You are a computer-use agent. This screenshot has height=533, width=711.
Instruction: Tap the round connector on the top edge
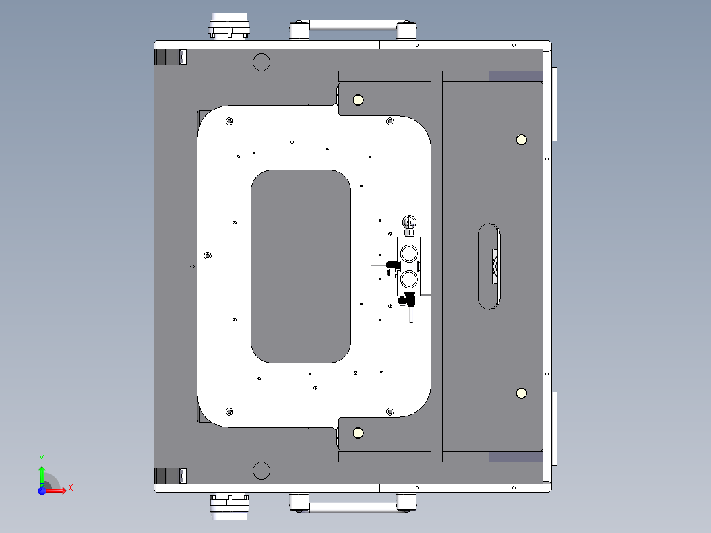230,26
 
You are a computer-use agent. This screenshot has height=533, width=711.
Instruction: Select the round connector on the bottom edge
229,506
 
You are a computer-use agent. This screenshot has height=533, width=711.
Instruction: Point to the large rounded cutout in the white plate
300,266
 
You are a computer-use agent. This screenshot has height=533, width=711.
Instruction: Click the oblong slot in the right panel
489,266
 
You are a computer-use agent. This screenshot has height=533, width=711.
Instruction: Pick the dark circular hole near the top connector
262,63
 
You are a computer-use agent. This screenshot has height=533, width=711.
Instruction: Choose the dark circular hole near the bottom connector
262,470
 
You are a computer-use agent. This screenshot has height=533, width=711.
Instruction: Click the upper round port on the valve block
409,253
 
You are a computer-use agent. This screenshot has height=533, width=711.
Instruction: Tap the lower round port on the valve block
409,280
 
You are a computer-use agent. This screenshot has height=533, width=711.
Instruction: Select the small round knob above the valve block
409,222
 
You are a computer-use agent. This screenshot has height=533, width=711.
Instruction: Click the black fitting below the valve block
404,300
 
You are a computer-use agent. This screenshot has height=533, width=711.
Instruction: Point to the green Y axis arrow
42,473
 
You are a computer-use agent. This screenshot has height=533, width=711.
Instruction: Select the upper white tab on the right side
555,104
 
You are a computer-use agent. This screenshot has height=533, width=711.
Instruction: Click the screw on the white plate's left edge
208,255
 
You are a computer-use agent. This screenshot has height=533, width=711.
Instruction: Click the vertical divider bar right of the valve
436,266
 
